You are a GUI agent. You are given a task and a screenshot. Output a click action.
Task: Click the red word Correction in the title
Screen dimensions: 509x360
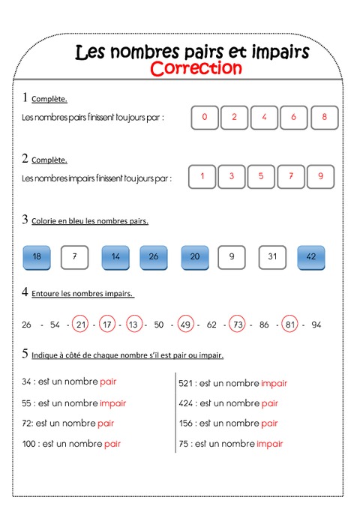click(x=196, y=68)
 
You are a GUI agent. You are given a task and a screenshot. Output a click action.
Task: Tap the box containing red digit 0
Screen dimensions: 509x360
click(x=205, y=117)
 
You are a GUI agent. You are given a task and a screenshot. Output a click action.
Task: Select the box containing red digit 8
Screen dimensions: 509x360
click(x=324, y=117)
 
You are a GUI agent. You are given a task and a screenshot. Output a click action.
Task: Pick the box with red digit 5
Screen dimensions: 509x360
click(x=261, y=176)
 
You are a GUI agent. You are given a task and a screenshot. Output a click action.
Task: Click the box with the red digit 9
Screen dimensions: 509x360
click(x=321, y=176)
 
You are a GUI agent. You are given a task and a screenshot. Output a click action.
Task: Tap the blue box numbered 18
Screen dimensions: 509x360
click(x=37, y=257)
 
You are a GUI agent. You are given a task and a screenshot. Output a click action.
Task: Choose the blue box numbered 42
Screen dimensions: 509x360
click(x=310, y=257)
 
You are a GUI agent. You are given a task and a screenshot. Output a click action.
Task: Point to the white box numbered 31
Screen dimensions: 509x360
click(x=272, y=257)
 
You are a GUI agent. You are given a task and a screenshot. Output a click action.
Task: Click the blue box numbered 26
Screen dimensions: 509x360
click(x=154, y=257)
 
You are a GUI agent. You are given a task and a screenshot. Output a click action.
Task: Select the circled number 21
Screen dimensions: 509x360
click(x=82, y=325)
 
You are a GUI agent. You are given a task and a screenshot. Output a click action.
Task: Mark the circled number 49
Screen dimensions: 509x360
click(x=185, y=325)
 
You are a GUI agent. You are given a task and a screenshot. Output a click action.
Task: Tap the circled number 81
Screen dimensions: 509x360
click(x=289, y=325)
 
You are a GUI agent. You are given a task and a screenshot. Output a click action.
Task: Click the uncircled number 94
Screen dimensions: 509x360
click(x=316, y=325)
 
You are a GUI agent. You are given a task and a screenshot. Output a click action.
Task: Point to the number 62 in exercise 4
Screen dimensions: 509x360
click(x=211, y=325)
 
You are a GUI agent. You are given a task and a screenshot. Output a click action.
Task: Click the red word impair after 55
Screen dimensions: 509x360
click(x=112, y=403)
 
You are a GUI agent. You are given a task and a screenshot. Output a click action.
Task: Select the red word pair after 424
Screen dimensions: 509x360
click(x=270, y=403)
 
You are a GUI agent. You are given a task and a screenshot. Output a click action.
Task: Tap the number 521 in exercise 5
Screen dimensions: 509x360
click(x=187, y=383)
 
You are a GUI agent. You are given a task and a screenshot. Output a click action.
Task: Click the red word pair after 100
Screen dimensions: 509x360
click(x=112, y=444)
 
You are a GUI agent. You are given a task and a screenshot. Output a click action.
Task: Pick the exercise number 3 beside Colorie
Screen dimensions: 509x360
click(x=25, y=220)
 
